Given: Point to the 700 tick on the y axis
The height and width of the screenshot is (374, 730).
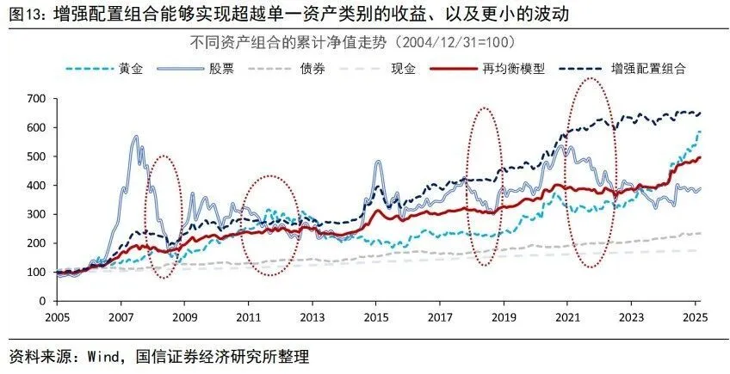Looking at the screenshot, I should pyautogui.click(x=37, y=98).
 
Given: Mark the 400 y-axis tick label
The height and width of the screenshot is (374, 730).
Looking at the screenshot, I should pyautogui.click(x=37, y=185).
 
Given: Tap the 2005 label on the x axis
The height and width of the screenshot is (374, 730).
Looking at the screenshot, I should pyautogui.click(x=57, y=316).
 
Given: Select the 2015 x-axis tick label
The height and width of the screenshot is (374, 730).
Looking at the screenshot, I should pyautogui.click(x=375, y=316).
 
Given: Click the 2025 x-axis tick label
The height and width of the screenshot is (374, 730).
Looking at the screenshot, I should pyautogui.click(x=694, y=316).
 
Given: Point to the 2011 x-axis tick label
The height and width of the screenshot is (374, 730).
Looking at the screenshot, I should pyautogui.click(x=248, y=316).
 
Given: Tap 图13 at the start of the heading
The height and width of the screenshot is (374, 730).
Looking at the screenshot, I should pyautogui.click(x=26, y=14).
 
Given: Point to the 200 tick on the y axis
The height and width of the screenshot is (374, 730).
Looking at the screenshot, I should pyautogui.click(x=37, y=243).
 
